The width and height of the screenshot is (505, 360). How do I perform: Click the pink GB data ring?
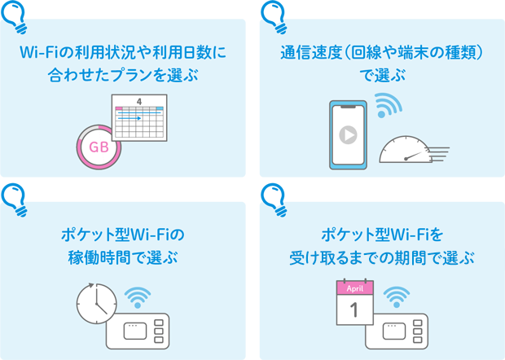pos(98,147)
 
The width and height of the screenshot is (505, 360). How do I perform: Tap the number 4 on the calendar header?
pos(139,102)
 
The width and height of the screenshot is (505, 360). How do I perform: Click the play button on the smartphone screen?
pos(348,134)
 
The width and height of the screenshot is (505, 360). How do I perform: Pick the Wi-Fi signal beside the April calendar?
pos(397,297)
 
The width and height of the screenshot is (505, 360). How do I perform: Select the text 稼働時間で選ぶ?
pos(123,258)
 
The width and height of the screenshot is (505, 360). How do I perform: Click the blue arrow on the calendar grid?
pos(131,119)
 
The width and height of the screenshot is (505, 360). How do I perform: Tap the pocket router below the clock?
pos(138,332)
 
